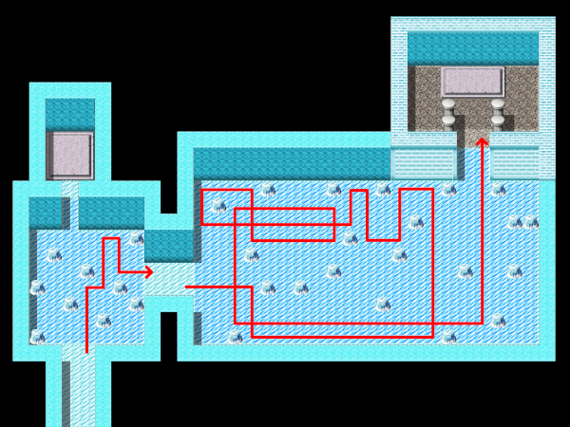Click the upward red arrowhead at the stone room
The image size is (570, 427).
click(x=482, y=142)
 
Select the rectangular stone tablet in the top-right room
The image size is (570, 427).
click(x=472, y=82)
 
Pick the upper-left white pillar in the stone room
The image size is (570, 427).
click(x=448, y=103)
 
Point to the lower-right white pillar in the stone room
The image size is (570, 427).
click(x=498, y=120)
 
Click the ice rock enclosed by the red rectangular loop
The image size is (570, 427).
click(x=219, y=205)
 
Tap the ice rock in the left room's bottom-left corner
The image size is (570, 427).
click(x=37, y=337)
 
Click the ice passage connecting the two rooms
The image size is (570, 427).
click(x=169, y=279)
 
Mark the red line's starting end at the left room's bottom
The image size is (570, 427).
click(x=86, y=351)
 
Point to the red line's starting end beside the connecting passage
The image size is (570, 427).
click(x=186, y=287)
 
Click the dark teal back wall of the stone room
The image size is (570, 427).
click(x=472, y=48)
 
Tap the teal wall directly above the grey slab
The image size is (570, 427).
click(x=70, y=114)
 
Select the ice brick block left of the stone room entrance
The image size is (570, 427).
click(x=424, y=163)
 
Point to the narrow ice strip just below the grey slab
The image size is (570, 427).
click(x=70, y=190)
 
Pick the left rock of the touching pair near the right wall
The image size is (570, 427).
click(x=515, y=222)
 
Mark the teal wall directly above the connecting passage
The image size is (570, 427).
click(x=169, y=245)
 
